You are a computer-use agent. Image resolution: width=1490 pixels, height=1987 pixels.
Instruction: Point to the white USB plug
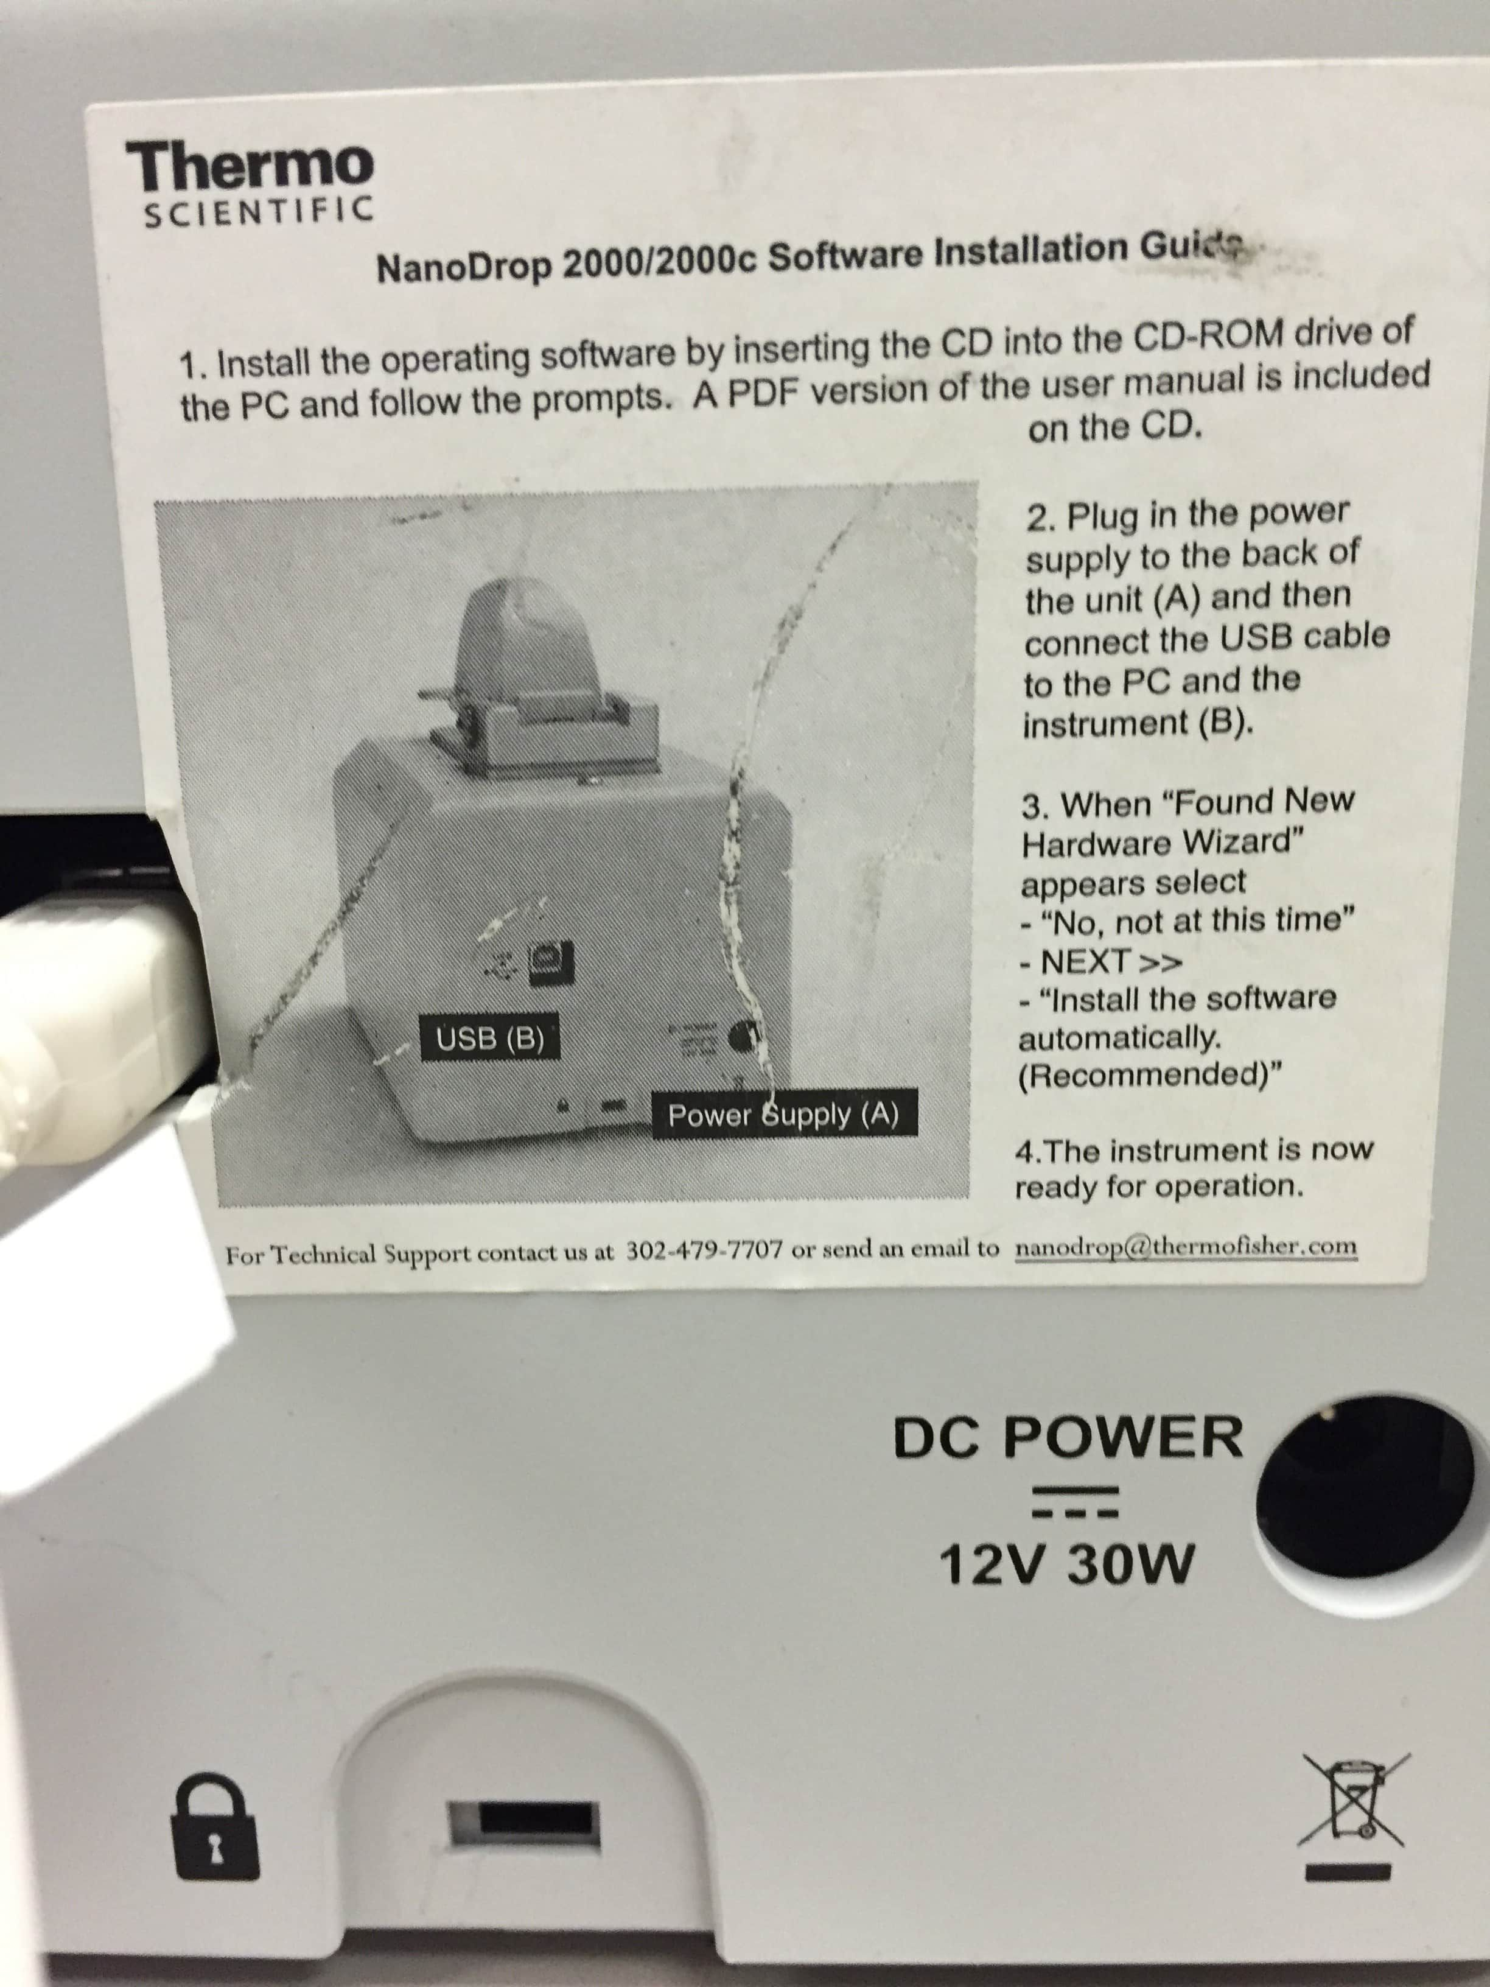99,993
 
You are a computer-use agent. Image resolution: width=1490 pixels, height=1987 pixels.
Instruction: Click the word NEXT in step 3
1084,962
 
